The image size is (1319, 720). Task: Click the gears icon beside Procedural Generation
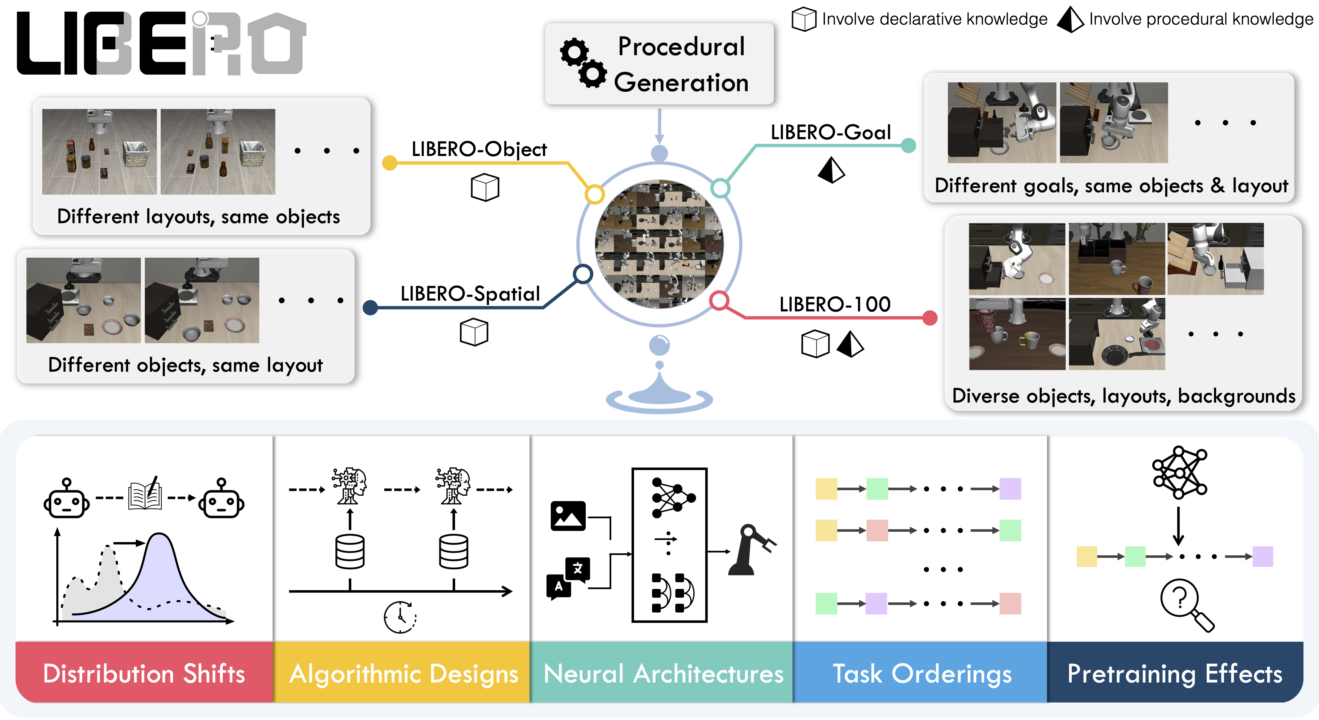(583, 62)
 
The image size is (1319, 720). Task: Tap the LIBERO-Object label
(479, 150)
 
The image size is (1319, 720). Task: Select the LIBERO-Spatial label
(470, 294)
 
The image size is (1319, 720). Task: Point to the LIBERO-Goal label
(830, 133)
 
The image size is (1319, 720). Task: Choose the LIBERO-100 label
(835, 305)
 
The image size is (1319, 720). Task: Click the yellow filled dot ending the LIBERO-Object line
(390, 163)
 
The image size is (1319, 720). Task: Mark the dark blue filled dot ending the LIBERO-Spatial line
(370, 307)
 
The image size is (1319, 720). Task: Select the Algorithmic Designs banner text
(403, 673)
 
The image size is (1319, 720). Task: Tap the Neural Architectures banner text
(663, 673)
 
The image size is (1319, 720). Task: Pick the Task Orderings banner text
(922, 673)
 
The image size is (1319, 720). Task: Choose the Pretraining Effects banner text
(1175, 673)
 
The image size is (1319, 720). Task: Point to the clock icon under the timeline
(400, 617)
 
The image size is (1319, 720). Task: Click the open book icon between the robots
(145, 494)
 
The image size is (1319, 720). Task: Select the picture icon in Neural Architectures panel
(568, 515)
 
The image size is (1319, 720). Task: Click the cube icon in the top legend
(804, 19)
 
